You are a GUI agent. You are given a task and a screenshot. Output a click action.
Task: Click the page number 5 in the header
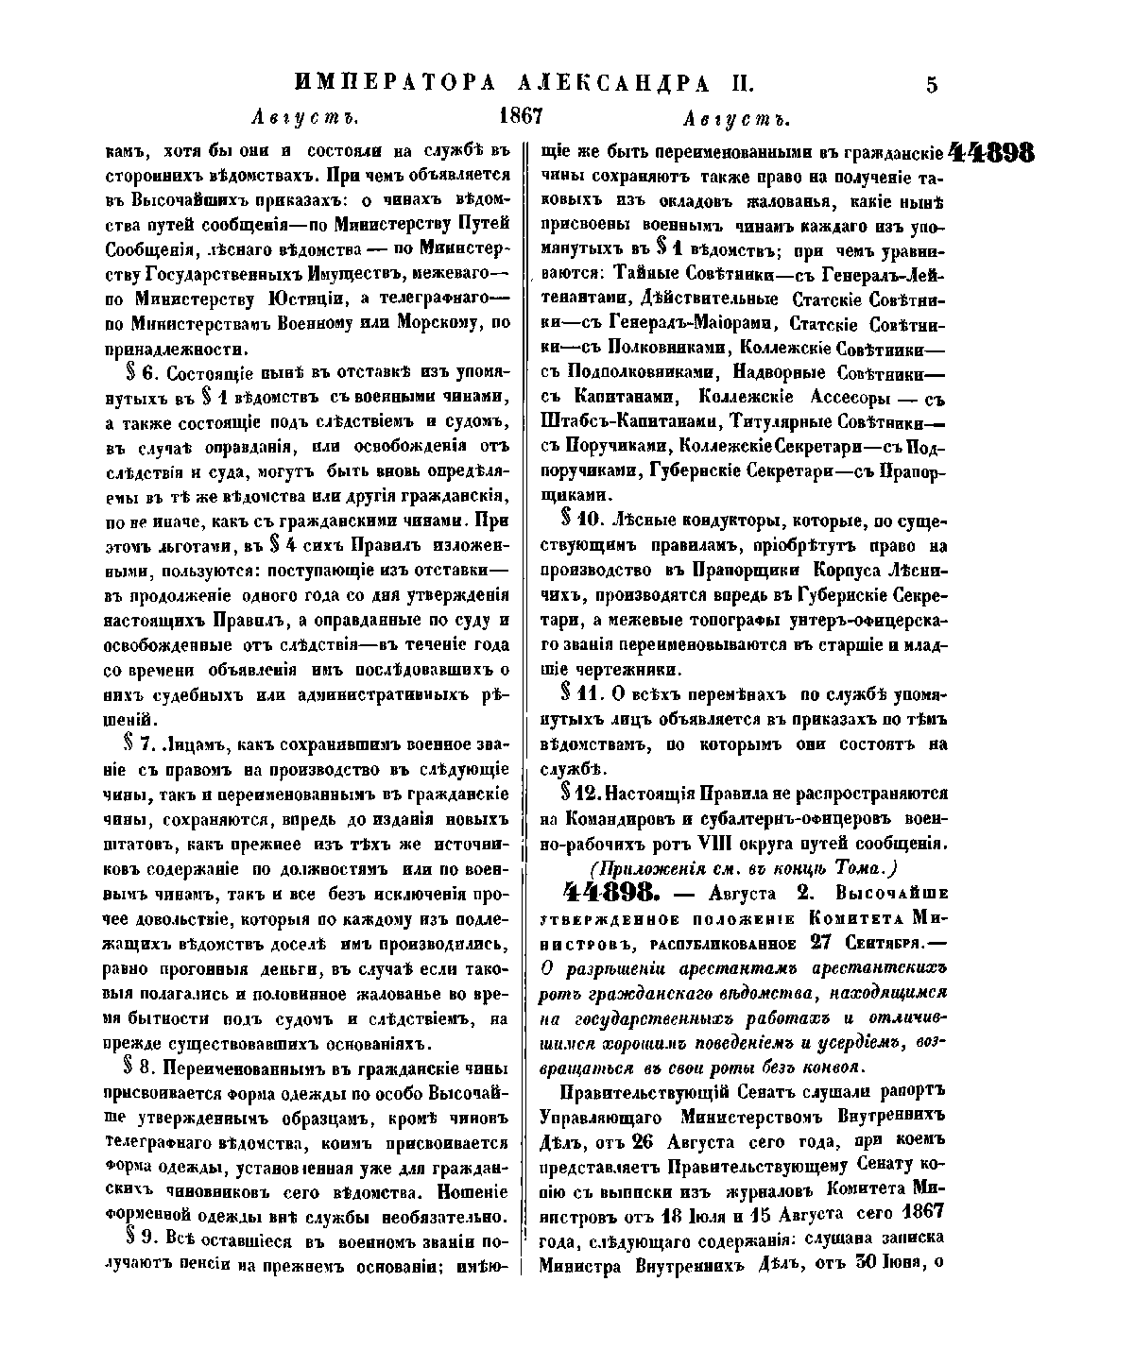[932, 85]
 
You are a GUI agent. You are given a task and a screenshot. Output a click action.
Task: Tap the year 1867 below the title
[519, 116]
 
